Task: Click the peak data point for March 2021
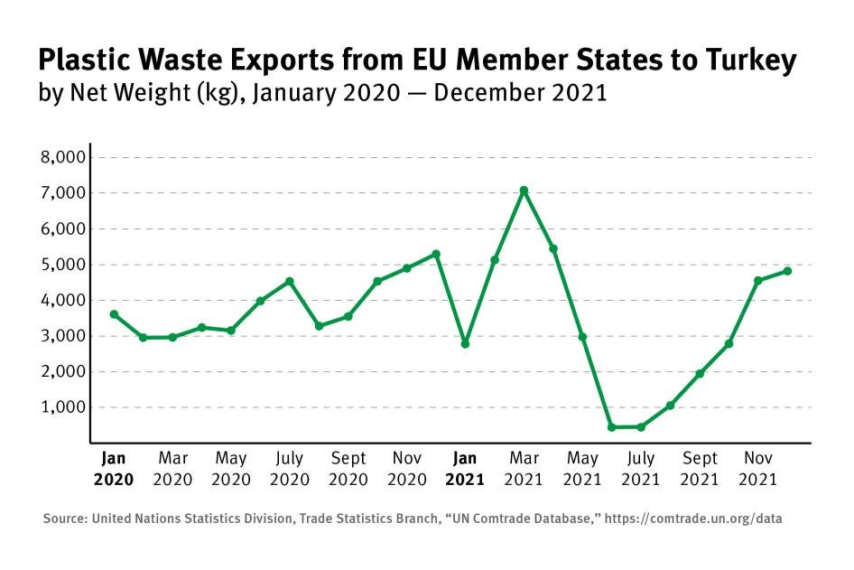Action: (524, 191)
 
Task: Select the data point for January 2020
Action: (114, 314)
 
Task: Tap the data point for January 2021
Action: (465, 344)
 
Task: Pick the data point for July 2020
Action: (290, 282)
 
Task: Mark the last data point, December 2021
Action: (787, 271)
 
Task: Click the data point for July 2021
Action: (641, 427)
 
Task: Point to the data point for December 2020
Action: (436, 254)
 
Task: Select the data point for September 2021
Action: (700, 374)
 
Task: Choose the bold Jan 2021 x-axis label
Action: (465, 469)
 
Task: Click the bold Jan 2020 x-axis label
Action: (114, 469)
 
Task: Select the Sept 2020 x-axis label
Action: (348, 469)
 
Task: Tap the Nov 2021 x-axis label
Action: (758, 469)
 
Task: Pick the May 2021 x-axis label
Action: (582, 469)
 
